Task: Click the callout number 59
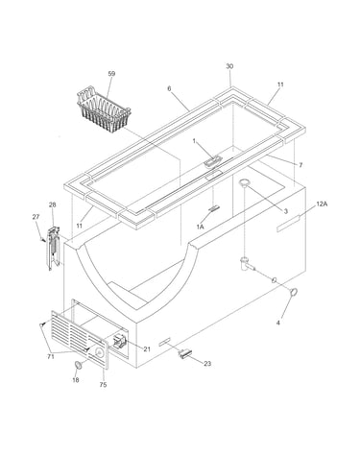pos(111,74)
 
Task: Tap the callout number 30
pos(229,66)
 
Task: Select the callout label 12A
pos(322,204)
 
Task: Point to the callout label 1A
pos(201,227)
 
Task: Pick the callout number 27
pos(36,217)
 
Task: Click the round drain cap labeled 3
pos(245,182)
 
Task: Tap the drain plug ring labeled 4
pos(294,292)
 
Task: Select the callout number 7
pos(300,165)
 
